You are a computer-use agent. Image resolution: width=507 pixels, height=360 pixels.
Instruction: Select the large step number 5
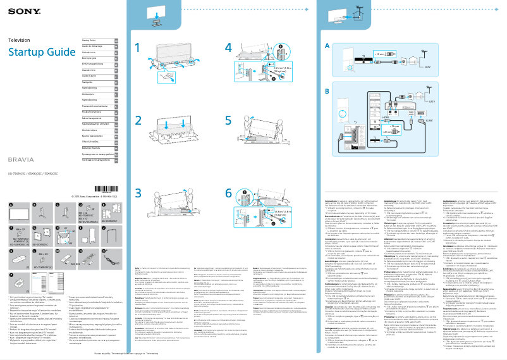pyautogui.click(x=229, y=120)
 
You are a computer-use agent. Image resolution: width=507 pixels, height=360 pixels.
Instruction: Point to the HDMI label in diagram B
pyautogui.click(x=386, y=118)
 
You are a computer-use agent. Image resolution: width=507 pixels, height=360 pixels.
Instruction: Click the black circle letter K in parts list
pyautogui.click(x=11, y=251)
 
